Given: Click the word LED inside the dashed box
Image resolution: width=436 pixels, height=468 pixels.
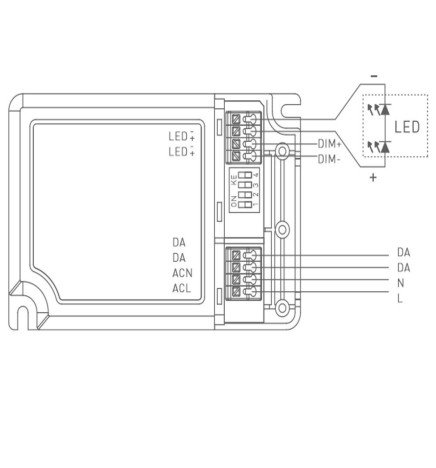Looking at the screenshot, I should pyautogui.click(x=405, y=127).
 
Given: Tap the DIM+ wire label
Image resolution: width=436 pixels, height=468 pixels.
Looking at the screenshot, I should pyautogui.click(x=329, y=144).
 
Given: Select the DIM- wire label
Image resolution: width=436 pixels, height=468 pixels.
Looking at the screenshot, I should pyautogui.click(x=329, y=158).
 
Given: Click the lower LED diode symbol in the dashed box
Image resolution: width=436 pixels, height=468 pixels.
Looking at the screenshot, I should pyautogui.click(x=379, y=147).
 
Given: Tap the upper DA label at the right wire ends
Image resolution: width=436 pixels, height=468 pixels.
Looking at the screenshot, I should pyautogui.click(x=403, y=252).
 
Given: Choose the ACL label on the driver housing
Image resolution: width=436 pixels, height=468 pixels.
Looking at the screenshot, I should pyautogui.click(x=181, y=288).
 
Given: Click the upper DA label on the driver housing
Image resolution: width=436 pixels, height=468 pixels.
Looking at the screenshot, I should pyautogui.click(x=178, y=243).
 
